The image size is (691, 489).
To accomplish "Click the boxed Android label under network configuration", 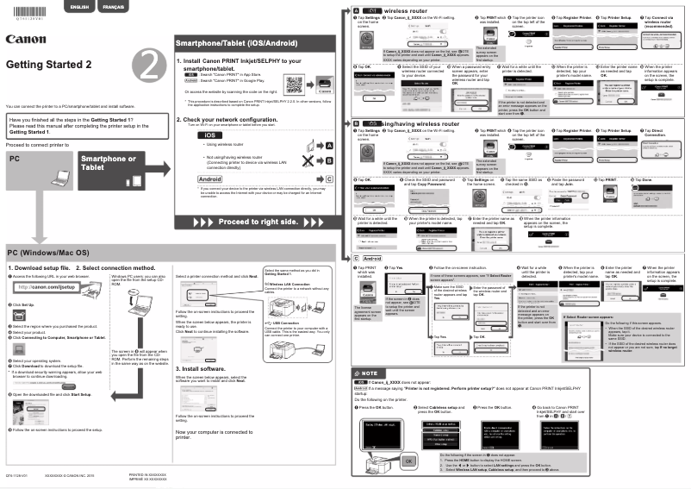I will tap(210, 178).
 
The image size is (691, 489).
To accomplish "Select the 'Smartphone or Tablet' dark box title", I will tap(107, 164).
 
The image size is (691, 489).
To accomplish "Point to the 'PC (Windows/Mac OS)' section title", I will tap(48, 253).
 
